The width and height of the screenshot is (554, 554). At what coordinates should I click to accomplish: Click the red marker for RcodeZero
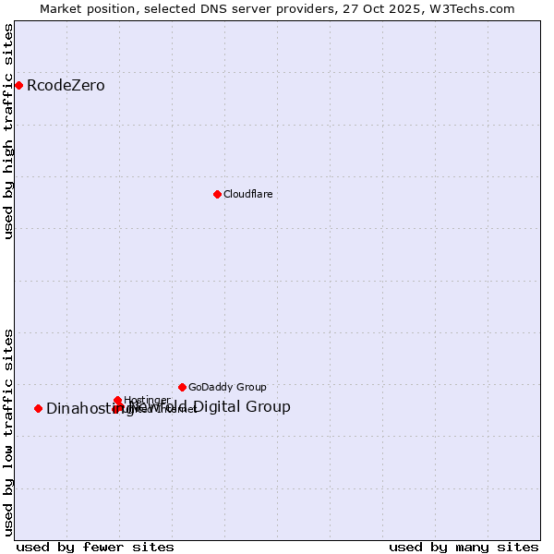[18, 86]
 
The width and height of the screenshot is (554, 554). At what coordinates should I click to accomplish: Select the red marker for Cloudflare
[217, 194]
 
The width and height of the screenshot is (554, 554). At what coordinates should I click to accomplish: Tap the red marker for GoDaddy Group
[182, 387]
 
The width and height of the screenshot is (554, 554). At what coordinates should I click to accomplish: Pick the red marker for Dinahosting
[38, 408]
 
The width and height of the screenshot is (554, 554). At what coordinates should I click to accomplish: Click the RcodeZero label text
[66, 86]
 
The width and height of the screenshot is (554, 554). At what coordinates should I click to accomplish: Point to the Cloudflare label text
[247, 194]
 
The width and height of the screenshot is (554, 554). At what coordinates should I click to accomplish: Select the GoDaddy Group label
[227, 387]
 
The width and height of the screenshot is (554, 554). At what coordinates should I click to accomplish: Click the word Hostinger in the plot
[147, 400]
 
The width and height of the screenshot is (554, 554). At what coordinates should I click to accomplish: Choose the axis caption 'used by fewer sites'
[95, 547]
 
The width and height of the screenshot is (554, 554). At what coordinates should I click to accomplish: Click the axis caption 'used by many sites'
[463, 547]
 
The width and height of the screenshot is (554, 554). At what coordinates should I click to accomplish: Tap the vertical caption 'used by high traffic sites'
[8, 132]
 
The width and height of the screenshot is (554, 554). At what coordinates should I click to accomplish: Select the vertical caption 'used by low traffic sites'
[8, 431]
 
